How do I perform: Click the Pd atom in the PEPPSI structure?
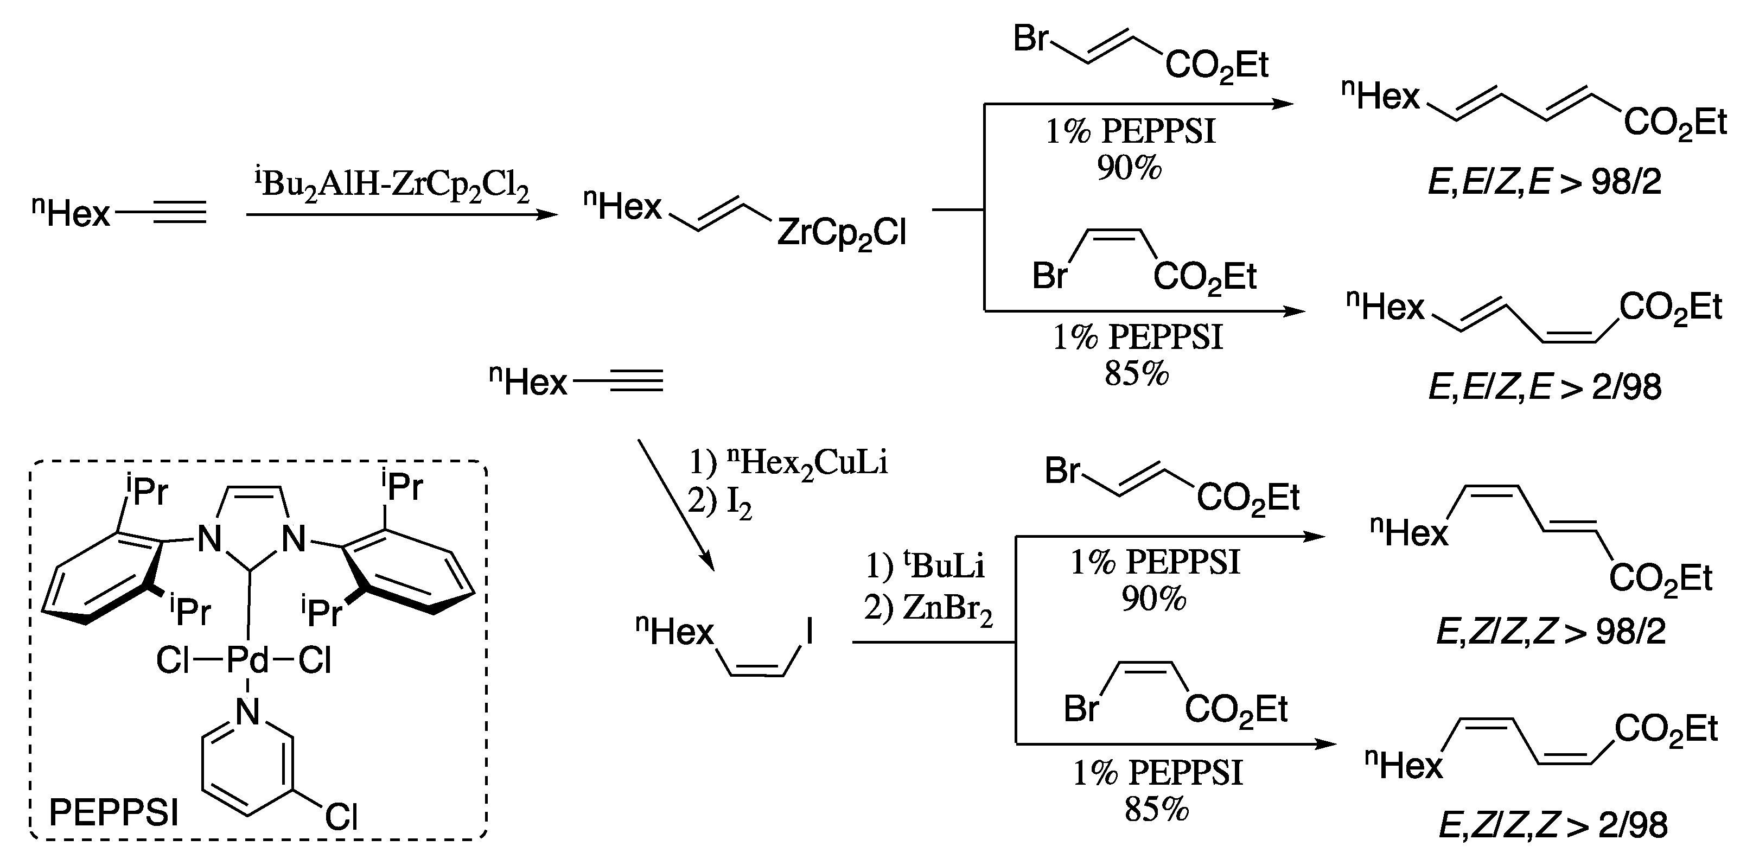[x=247, y=660]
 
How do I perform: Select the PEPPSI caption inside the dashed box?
[x=113, y=813]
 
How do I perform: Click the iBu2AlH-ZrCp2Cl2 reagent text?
[x=392, y=184]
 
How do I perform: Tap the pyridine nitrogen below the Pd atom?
[x=248, y=711]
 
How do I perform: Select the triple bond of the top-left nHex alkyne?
[x=179, y=214]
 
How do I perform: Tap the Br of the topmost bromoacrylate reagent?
[x=1031, y=39]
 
